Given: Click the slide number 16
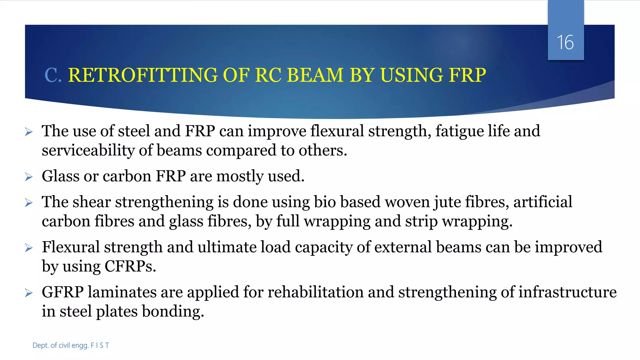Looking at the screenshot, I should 565,42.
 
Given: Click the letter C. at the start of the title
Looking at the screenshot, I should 53,75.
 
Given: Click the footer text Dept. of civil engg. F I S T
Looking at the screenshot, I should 71,345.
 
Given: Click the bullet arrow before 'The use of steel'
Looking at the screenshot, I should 29,132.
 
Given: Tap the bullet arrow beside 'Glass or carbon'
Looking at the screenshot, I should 29,177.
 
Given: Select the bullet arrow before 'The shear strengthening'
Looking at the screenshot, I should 29,203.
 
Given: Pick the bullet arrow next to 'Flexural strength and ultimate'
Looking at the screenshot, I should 29,248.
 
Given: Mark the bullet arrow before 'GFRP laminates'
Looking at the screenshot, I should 29,293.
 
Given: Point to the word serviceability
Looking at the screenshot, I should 88,151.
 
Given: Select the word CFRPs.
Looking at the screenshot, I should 130,267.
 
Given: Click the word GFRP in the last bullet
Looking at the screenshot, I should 62,292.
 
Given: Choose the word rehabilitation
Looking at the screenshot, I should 315,292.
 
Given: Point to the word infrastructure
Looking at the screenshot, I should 567,292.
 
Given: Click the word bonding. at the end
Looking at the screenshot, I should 173,312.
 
